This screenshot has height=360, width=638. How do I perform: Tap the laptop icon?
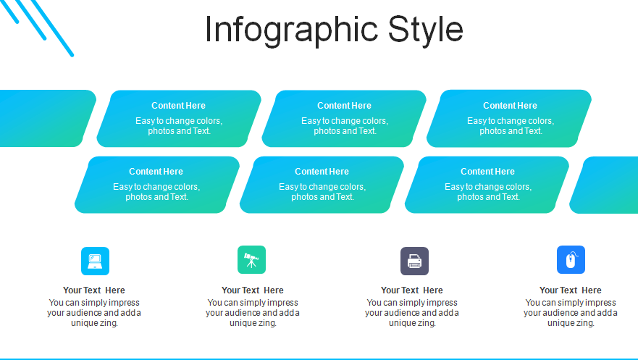point(95,261)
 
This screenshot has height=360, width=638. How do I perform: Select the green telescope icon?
point(251,260)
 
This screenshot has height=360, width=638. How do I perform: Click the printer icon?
point(415,261)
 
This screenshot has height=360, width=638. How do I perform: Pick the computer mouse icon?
point(571,260)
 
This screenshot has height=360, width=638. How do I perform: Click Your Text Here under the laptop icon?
point(94,290)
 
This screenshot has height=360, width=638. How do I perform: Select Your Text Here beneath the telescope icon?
point(253,290)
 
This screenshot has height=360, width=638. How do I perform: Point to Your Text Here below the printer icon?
point(412,290)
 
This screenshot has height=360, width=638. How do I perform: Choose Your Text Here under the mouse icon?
point(571,290)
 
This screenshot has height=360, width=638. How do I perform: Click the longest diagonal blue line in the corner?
point(52,28)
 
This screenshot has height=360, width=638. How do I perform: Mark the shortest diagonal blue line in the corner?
point(9,12)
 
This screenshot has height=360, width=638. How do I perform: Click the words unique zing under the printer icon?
point(412,323)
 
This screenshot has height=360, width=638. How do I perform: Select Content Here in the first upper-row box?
point(179,106)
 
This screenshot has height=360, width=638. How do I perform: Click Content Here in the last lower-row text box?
point(488,172)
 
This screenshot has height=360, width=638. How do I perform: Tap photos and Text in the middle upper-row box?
point(345,131)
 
